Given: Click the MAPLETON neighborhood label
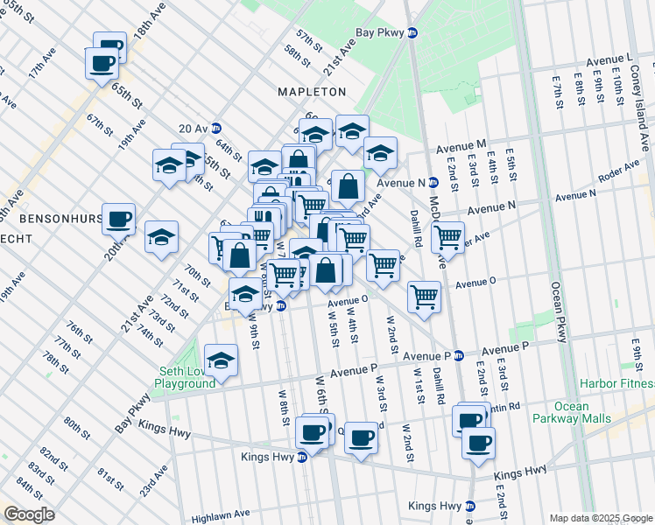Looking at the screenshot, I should (x=312, y=91).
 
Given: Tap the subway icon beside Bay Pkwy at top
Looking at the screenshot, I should (x=413, y=32).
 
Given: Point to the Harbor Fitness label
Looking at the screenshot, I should (x=621, y=384).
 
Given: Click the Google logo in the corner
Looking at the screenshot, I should (x=29, y=514).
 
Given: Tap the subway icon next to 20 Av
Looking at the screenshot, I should (x=215, y=128).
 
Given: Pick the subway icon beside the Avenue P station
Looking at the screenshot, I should (x=458, y=356).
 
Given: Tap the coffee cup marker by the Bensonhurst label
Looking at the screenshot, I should (x=118, y=219).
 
